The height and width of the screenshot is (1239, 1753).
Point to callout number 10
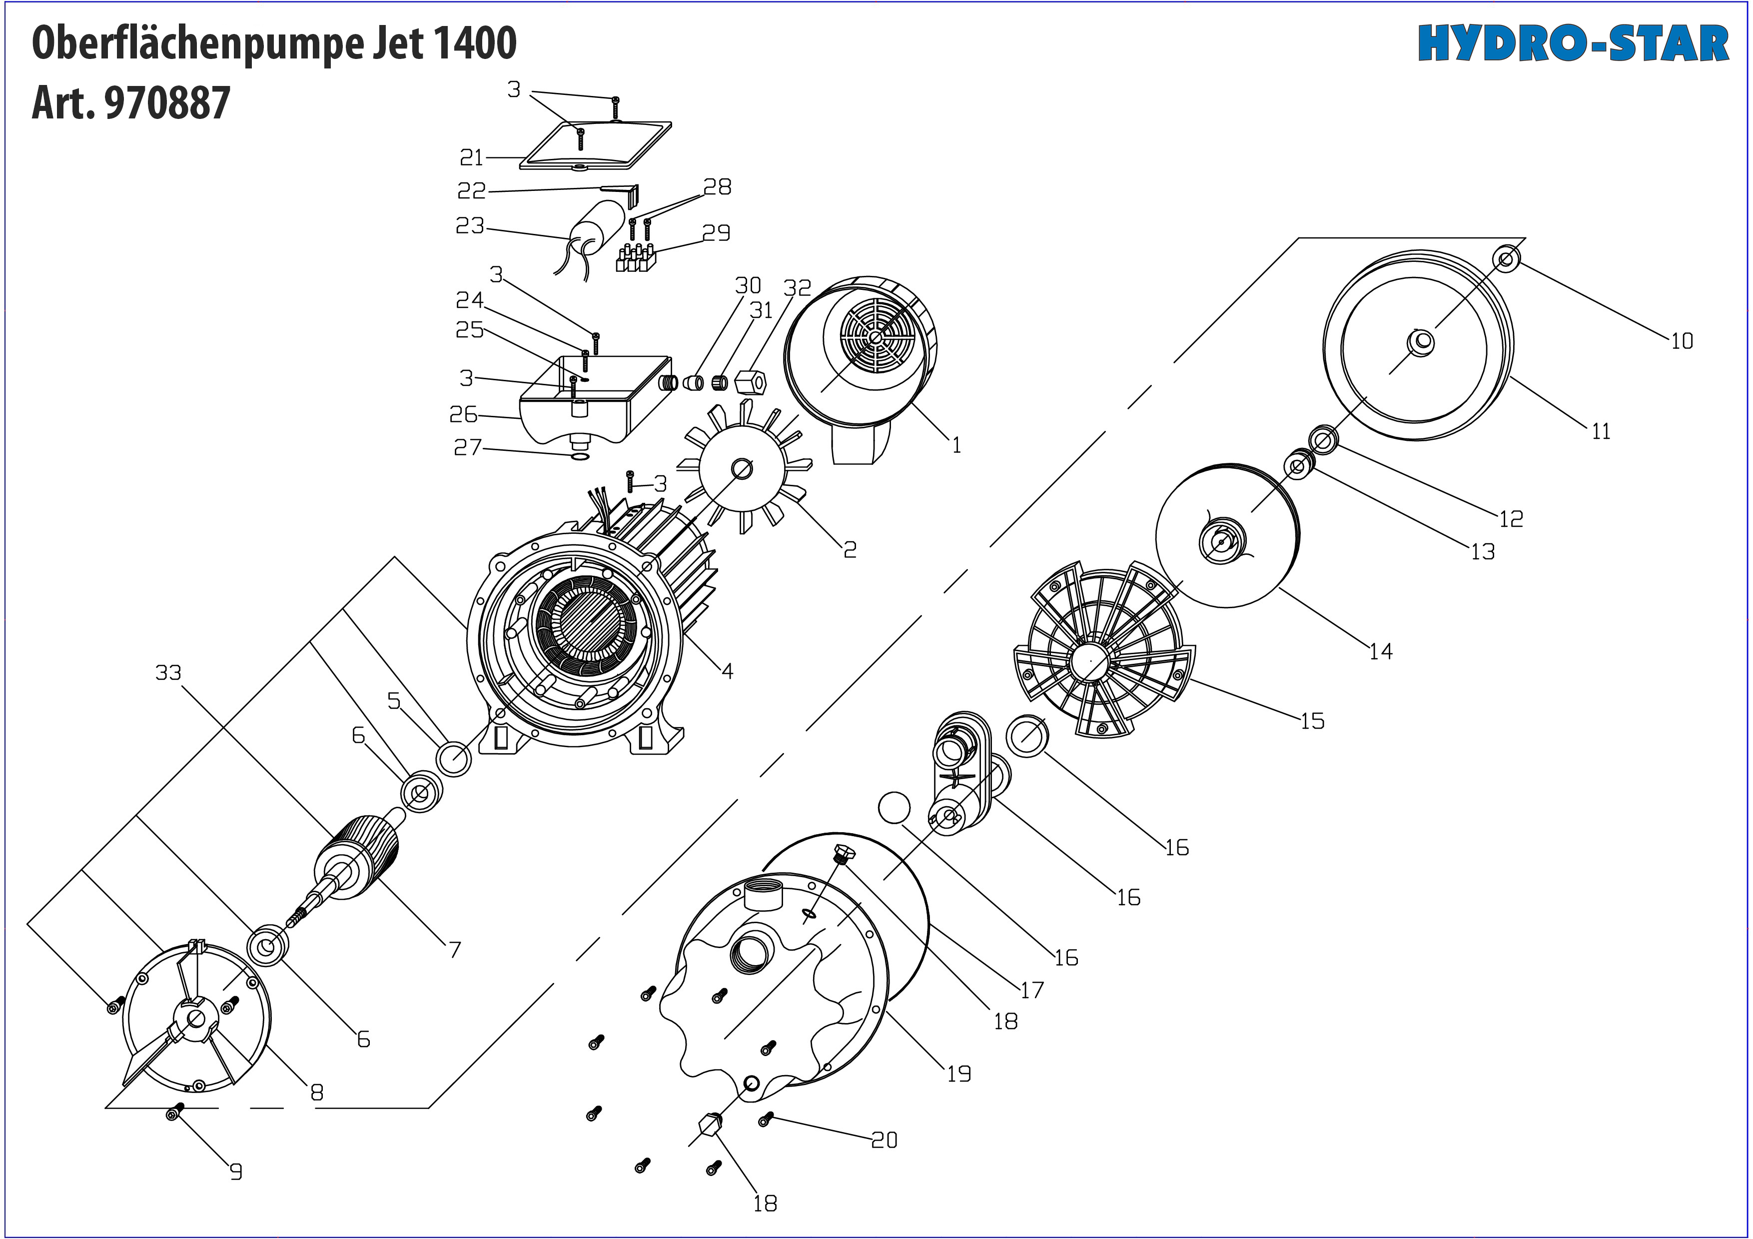(1681, 341)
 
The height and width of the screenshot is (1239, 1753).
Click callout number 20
(884, 1140)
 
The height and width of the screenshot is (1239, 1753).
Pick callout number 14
(1380, 651)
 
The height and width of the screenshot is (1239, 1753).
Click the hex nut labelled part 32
(750, 382)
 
